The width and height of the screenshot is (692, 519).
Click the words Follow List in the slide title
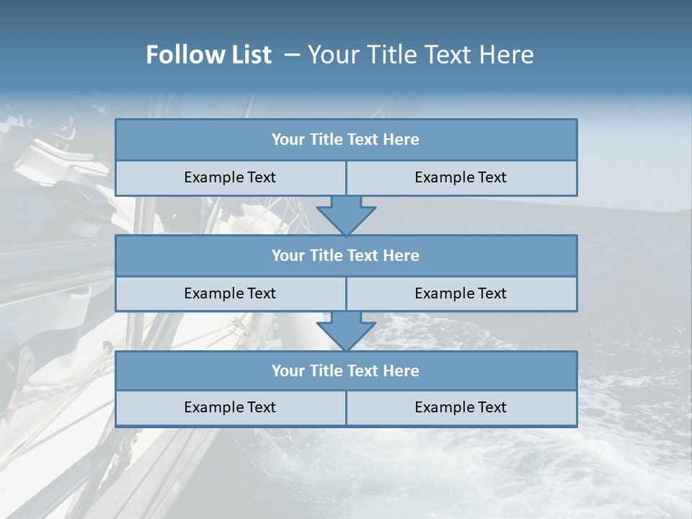click(x=209, y=55)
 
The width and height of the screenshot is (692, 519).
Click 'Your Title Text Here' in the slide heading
click(x=420, y=55)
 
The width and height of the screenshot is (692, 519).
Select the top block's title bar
click(x=346, y=140)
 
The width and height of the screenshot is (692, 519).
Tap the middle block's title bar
click(x=346, y=255)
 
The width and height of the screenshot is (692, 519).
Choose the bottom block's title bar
click(x=346, y=371)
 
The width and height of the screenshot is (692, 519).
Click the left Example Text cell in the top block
click(x=230, y=177)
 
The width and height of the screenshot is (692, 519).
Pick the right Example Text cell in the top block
click(x=461, y=177)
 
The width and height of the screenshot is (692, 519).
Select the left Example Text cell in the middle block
click(x=230, y=293)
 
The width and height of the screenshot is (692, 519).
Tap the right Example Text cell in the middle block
click(x=461, y=293)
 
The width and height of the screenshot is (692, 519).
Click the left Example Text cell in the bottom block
click(x=230, y=407)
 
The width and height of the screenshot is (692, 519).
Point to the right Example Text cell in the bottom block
click(x=461, y=407)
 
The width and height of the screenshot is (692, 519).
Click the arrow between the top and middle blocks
click(x=346, y=216)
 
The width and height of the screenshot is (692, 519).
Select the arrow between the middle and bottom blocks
click(x=346, y=332)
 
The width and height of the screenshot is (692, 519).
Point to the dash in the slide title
click(x=292, y=55)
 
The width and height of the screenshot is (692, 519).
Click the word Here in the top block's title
click(x=402, y=140)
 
